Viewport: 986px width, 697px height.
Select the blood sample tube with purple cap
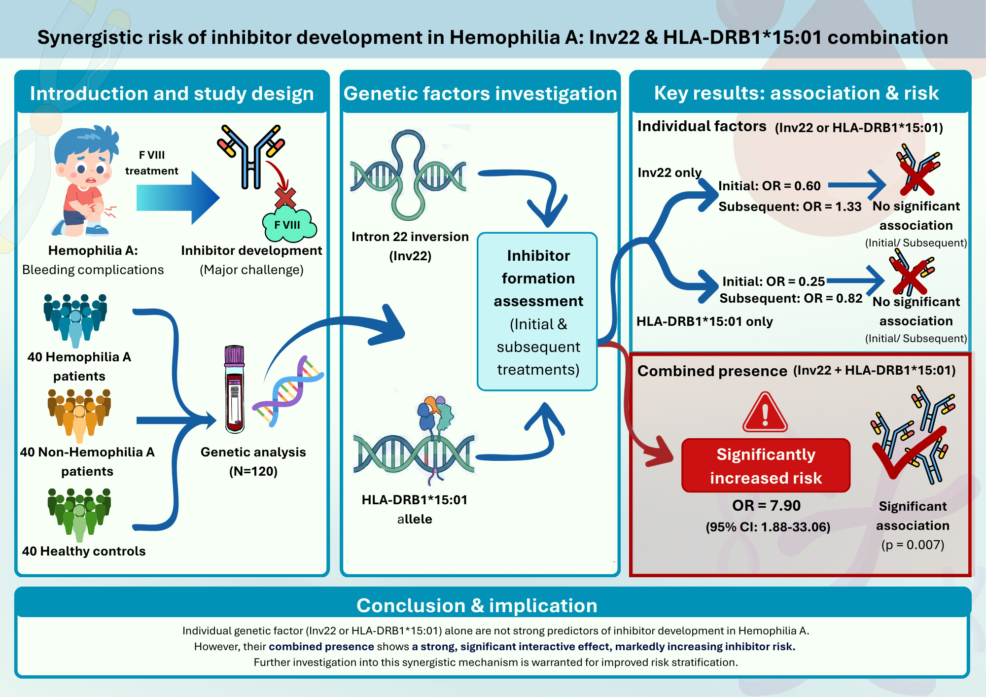235,389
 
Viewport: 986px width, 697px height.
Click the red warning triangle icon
765,413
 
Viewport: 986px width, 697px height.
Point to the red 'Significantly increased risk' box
766,465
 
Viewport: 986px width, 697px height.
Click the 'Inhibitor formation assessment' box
537,312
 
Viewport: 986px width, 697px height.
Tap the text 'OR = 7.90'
766,505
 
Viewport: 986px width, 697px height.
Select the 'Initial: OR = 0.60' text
769,186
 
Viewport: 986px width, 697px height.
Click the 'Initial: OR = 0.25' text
773,281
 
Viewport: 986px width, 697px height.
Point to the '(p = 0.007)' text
913,545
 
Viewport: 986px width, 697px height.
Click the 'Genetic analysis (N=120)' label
253,461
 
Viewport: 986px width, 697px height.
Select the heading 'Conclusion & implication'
477,605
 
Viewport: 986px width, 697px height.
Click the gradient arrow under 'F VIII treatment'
178,198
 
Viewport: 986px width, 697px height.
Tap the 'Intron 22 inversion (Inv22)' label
410,246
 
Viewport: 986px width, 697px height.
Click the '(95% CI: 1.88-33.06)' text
768,527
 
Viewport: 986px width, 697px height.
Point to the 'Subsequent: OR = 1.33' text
790,207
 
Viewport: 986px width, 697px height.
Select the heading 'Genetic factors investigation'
480,94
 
